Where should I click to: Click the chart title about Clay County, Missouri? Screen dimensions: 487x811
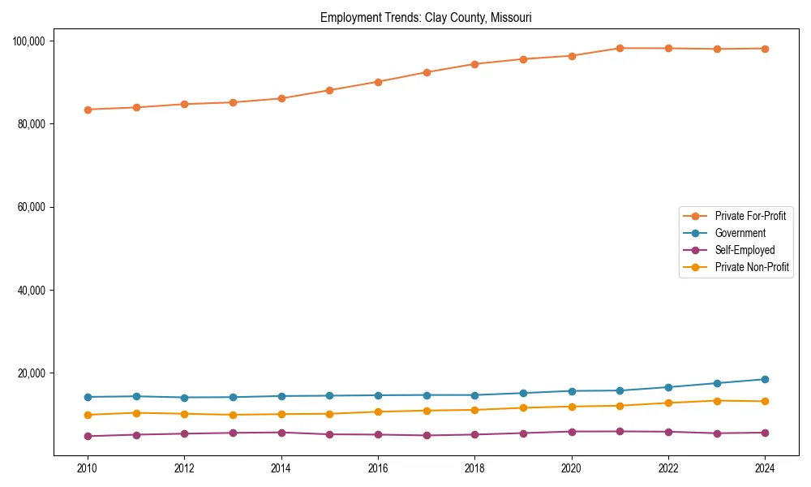tap(426, 17)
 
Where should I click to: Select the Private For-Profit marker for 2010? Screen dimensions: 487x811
tap(88, 110)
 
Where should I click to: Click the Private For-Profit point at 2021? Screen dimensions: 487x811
tap(620, 48)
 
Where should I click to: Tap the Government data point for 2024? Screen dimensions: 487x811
tap(765, 379)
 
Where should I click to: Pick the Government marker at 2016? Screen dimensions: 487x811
tap(378, 395)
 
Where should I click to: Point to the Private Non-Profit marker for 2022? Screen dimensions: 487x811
tap(668, 403)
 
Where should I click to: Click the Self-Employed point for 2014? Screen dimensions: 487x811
tap(281, 433)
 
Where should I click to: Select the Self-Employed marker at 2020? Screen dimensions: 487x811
tap(572, 432)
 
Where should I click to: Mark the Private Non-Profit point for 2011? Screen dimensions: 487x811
tap(136, 413)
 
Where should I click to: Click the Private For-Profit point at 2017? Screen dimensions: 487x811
tap(427, 72)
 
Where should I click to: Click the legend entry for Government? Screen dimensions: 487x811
tap(740, 233)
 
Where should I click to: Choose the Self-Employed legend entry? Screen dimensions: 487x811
tap(744, 250)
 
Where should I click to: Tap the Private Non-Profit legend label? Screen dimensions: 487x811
tap(752, 267)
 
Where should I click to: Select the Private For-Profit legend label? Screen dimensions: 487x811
tap(750, 216)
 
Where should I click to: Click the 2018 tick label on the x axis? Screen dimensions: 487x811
tap(474, 468)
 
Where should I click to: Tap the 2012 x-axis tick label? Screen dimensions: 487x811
tap(184, 468)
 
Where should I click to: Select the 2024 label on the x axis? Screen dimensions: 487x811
tap(765, 468)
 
